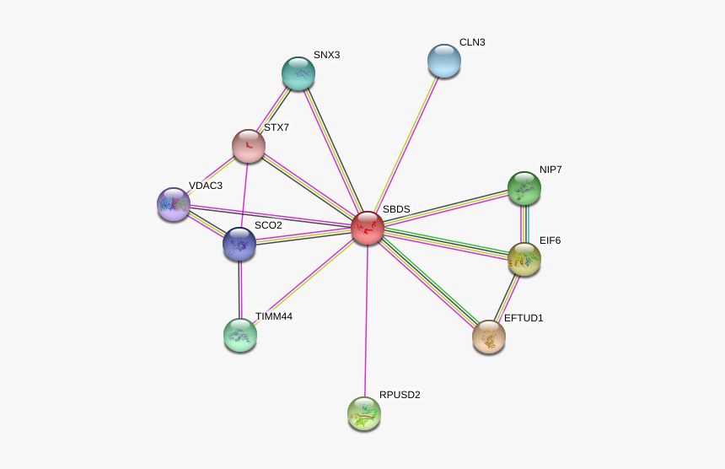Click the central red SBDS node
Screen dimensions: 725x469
[x=368, y=228]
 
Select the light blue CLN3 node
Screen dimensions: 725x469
[x=444, y=61]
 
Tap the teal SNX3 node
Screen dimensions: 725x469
[x=298, y=73]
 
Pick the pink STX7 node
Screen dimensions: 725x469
[x=249, y=146]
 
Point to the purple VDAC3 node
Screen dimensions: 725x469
[x=174, y=204]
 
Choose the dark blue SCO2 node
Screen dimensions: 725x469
[x=239, y=244]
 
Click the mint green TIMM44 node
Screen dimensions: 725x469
[x=240, y=335]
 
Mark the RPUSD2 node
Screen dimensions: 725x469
[x=364, y=413]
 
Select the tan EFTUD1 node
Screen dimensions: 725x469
[x=489, y=337]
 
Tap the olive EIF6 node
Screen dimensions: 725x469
[x=524, y=259]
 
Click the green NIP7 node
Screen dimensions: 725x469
[x=524, y=188]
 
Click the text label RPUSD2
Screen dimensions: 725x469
[x=400, y=395]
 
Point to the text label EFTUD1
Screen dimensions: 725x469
[x=524, y=318]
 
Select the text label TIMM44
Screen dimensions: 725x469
[x=274, y=316]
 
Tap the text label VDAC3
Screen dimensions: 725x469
[x=206, y=186]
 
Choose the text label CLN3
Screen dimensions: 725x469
[x=473, y=42]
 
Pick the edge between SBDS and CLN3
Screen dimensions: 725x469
[x=405, y=144]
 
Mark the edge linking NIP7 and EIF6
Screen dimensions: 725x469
[x=524, y=224]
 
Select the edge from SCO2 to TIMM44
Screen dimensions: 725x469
[x=240, y=289]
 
